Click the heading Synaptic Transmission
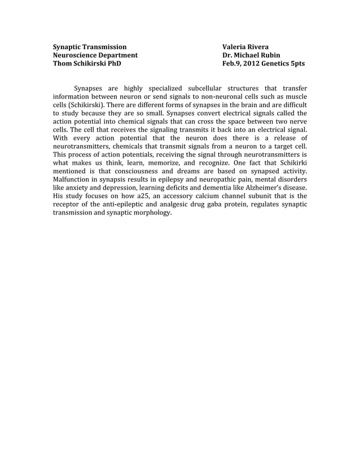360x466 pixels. tap(90, 46)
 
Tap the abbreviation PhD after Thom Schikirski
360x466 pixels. tap(113, 64)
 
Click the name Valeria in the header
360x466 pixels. tap(236, 46)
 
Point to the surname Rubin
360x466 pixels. tap(270, 55)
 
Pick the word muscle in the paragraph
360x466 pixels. tap(296, 96)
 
